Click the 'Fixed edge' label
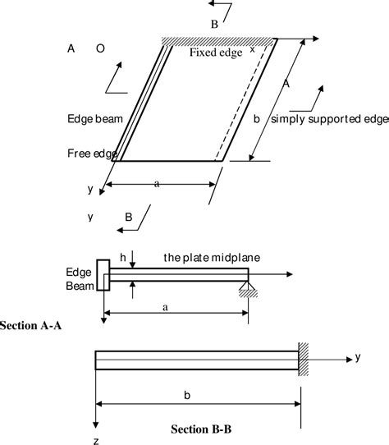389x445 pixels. click(x=216, y=53)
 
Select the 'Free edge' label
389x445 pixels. click(x=91, y=153)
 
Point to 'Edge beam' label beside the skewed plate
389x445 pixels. click(x=94, y=118)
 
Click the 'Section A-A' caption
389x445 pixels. click(x=33, y=325)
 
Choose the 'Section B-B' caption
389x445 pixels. click(x=202, y=429)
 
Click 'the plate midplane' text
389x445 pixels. click(x=211, y=258)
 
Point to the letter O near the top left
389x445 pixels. click(x=99, y=49)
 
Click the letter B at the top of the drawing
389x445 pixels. click(x=214, y=25)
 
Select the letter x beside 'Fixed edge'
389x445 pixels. click(x=252, y=48)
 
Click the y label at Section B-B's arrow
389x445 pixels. click(x=358, y=356)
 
